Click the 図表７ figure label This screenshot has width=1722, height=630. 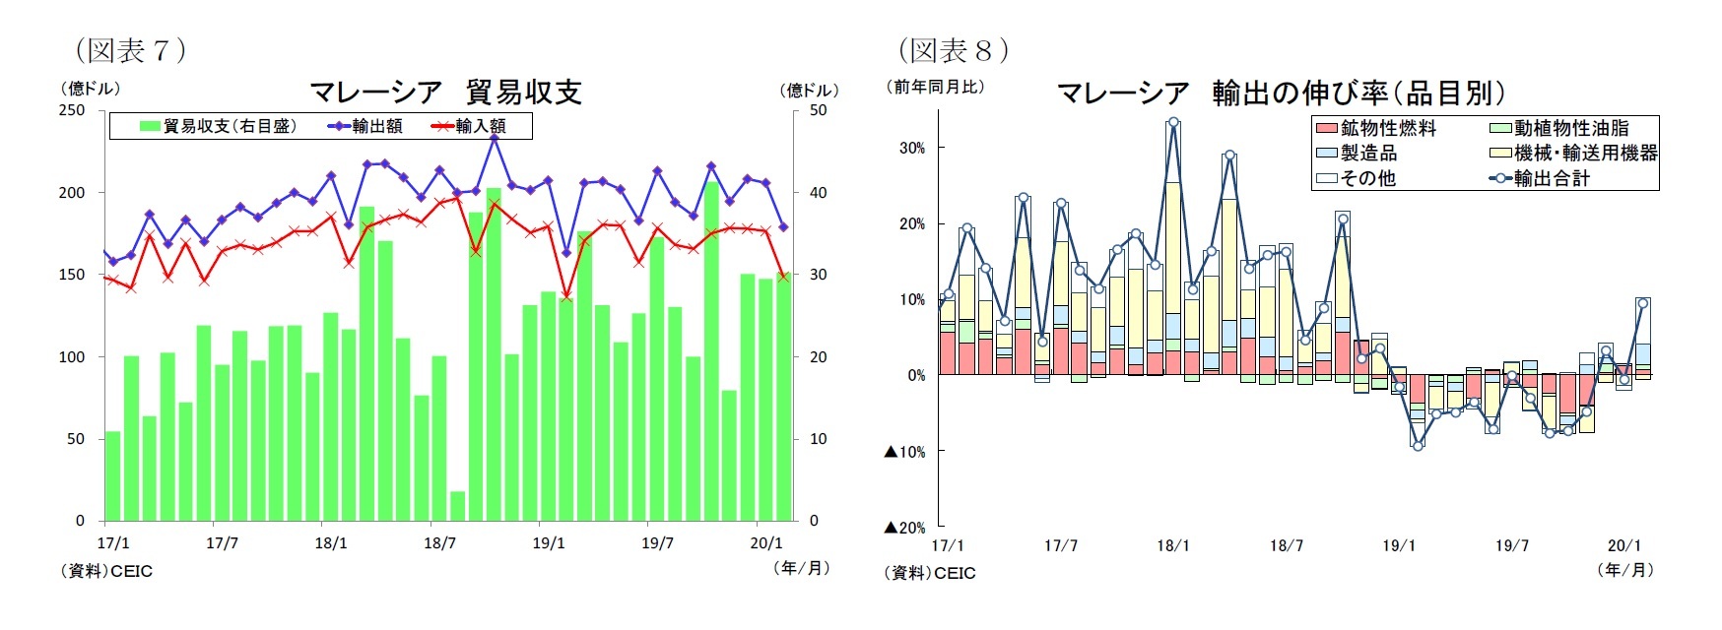click(x=130, y=49)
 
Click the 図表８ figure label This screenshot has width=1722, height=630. click(x=953, y=49)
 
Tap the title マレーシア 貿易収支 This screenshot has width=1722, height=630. click(x=445, y=93)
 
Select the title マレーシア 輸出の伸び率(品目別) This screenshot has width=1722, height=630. click(x=1281, y=93)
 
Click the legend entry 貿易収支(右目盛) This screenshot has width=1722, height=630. click(x=218, y=126)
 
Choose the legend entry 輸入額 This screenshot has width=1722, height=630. click(x=469, y=126)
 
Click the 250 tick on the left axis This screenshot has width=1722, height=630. click(x=72, y=110)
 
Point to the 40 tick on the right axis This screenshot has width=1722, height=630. click(x=818, y=193)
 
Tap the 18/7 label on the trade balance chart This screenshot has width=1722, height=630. click(x=439, y=543)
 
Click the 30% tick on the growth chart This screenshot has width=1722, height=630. click(x=911, y=148)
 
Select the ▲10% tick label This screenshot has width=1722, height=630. click(x=905, y=452)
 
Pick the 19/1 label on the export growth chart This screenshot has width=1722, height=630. click(x=1399, y=545)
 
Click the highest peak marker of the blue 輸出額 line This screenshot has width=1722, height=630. click(x=495, y=138)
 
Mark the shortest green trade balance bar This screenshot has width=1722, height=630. click(x=457, y=506)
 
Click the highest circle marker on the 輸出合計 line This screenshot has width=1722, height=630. click(x=1173, y=123)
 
